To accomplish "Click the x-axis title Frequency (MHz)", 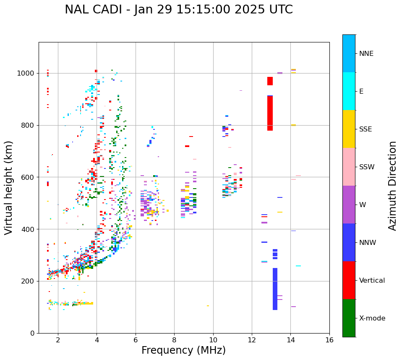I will tap(183, 350).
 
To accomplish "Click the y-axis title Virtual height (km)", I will tap(9, 187).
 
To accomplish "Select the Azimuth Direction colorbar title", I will tap(392, 186).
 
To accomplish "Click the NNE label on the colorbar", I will tap(366, 54).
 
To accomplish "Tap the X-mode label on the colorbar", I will tap(372, 318).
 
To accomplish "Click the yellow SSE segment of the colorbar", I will tap(349, 129).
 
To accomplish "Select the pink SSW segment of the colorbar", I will tap(349, 167).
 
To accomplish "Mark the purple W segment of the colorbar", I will tap(349, 205).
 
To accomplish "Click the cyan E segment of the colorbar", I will tap(349, 91).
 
